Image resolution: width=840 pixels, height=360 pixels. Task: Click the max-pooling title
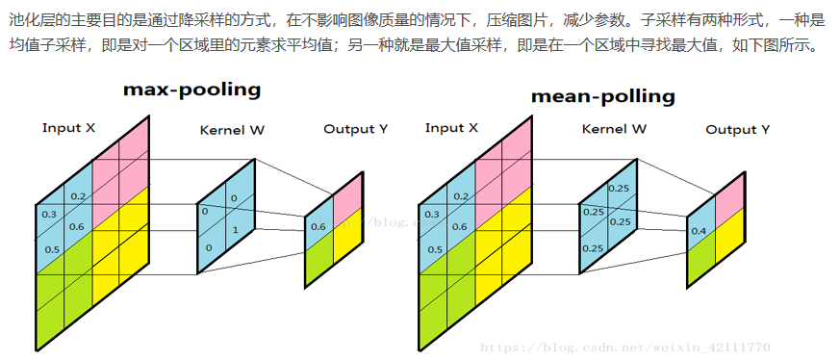(x=191, y=90)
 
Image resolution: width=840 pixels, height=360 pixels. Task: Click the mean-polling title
(x=602, y=96)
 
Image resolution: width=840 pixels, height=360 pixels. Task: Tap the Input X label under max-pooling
(x=68, y=128)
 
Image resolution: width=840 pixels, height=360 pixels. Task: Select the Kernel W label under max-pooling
(x=232, y=130)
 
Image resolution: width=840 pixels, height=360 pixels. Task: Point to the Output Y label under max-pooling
(x=355, y=129)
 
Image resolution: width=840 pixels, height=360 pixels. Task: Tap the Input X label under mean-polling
(x=451, y=128)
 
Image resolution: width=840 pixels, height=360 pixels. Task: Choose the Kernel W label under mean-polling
(x=614, y=129)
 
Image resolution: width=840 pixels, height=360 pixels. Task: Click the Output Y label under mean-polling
(x=737, y=129)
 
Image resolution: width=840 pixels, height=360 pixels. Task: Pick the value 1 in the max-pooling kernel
(x=234, y=230)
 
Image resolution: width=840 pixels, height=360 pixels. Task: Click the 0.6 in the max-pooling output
(x=318, y=227)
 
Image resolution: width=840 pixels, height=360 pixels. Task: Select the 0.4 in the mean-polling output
(x=700, y=231)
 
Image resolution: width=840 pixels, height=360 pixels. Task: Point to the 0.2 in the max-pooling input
(x=78, y=197)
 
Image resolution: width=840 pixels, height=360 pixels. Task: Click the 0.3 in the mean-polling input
(x=431, y=215)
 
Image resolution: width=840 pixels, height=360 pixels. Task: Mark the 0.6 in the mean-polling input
(x=460, y=227)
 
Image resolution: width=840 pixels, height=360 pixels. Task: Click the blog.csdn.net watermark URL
(x=624, y=347)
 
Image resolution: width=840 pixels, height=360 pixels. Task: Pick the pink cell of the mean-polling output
(x=730, y=193)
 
